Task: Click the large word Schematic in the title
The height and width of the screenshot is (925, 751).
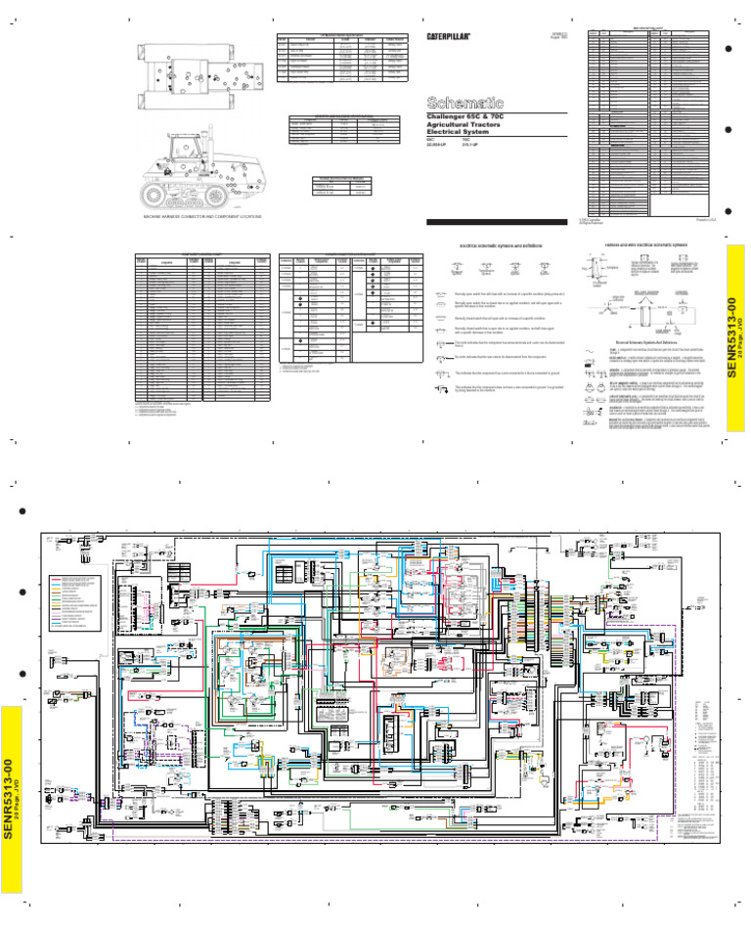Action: tap(464, 103)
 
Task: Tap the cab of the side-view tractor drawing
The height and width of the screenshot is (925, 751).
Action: tap(187, 148)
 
